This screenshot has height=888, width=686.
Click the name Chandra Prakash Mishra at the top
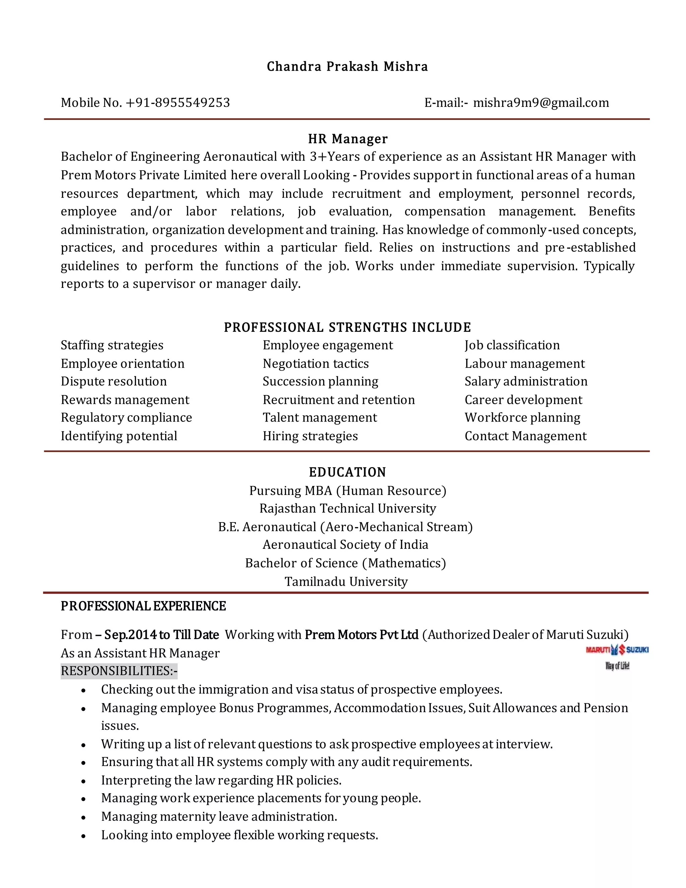(x=347, y=66)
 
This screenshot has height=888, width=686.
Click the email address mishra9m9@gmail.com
(x=541, y=103)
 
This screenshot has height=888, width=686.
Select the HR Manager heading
(x=347, y=139)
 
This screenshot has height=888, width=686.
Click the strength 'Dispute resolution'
(x=114, y=381)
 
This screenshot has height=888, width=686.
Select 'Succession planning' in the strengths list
(x=320, y=381)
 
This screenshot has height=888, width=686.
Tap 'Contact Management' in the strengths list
(x=525, y=436)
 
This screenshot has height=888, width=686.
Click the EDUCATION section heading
(x=347, y=472)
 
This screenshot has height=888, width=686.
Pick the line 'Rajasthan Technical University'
(x=347, y=508)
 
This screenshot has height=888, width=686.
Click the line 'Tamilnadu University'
(x=346, y=581)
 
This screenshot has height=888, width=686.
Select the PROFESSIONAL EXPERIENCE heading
(x=143, y=606)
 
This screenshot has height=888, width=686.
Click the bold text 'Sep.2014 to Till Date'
(x=161, y=635)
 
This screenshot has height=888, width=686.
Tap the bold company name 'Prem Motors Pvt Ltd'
(x=361, y=635)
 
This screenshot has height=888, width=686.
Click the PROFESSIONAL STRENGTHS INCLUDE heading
(x=347, y=327)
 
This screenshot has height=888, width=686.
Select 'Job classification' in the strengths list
(x=512, y=345)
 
